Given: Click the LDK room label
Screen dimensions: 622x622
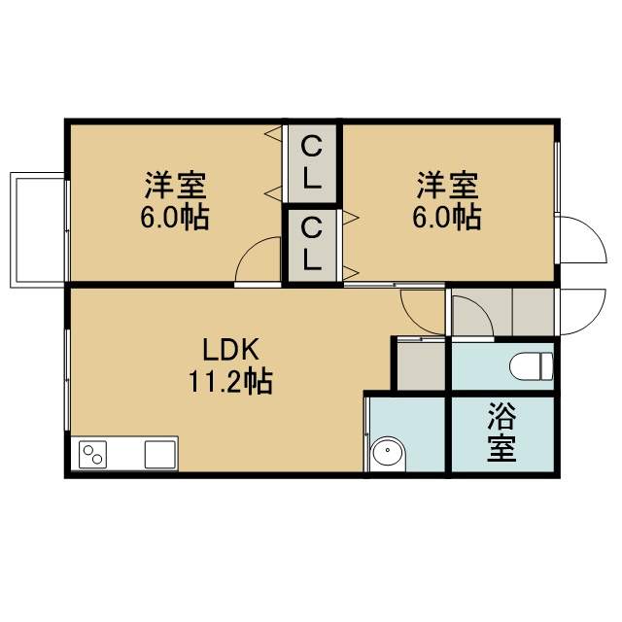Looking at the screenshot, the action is tap(231, 349).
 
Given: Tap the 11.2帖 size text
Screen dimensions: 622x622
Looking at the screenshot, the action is tap(230, 381).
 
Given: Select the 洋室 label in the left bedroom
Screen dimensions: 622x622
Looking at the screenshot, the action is tap(175, 185).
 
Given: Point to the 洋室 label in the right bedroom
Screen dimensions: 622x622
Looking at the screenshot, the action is tap(447, 185).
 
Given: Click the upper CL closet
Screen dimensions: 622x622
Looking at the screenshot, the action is tap(312, 163).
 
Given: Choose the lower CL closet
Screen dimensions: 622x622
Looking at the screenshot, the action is tap(312, 245).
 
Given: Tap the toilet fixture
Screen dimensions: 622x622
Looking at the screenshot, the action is tap(532, 366).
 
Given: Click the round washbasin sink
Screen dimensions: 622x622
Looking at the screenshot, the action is tap(388, 453).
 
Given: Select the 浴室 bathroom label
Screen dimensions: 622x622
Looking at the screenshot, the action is tap(501, 432).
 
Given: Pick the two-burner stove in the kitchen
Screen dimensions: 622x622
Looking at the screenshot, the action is tap(93, 455).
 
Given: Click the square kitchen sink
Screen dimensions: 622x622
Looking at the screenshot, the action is tap(159, 455).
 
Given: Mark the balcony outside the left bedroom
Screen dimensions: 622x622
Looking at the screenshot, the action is tap(37, 229).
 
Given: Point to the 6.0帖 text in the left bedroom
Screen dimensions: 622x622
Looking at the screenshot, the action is tap(175, 218).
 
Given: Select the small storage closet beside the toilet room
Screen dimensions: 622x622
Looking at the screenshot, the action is tap(421, 366).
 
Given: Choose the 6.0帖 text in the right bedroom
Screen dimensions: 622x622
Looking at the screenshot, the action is tap(447, 218).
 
